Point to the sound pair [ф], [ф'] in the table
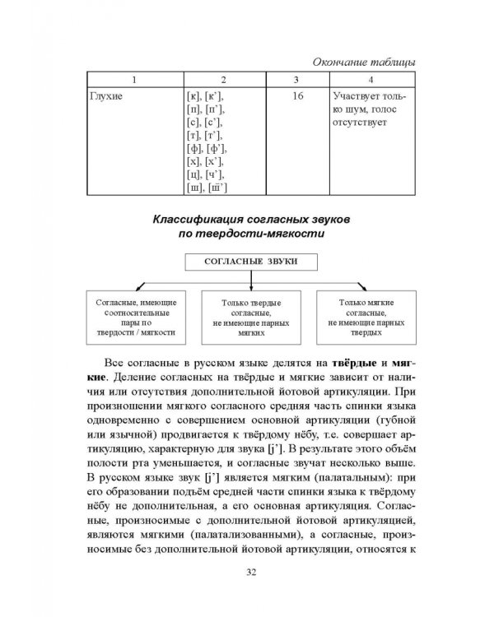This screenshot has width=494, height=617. [x=206, y=148]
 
